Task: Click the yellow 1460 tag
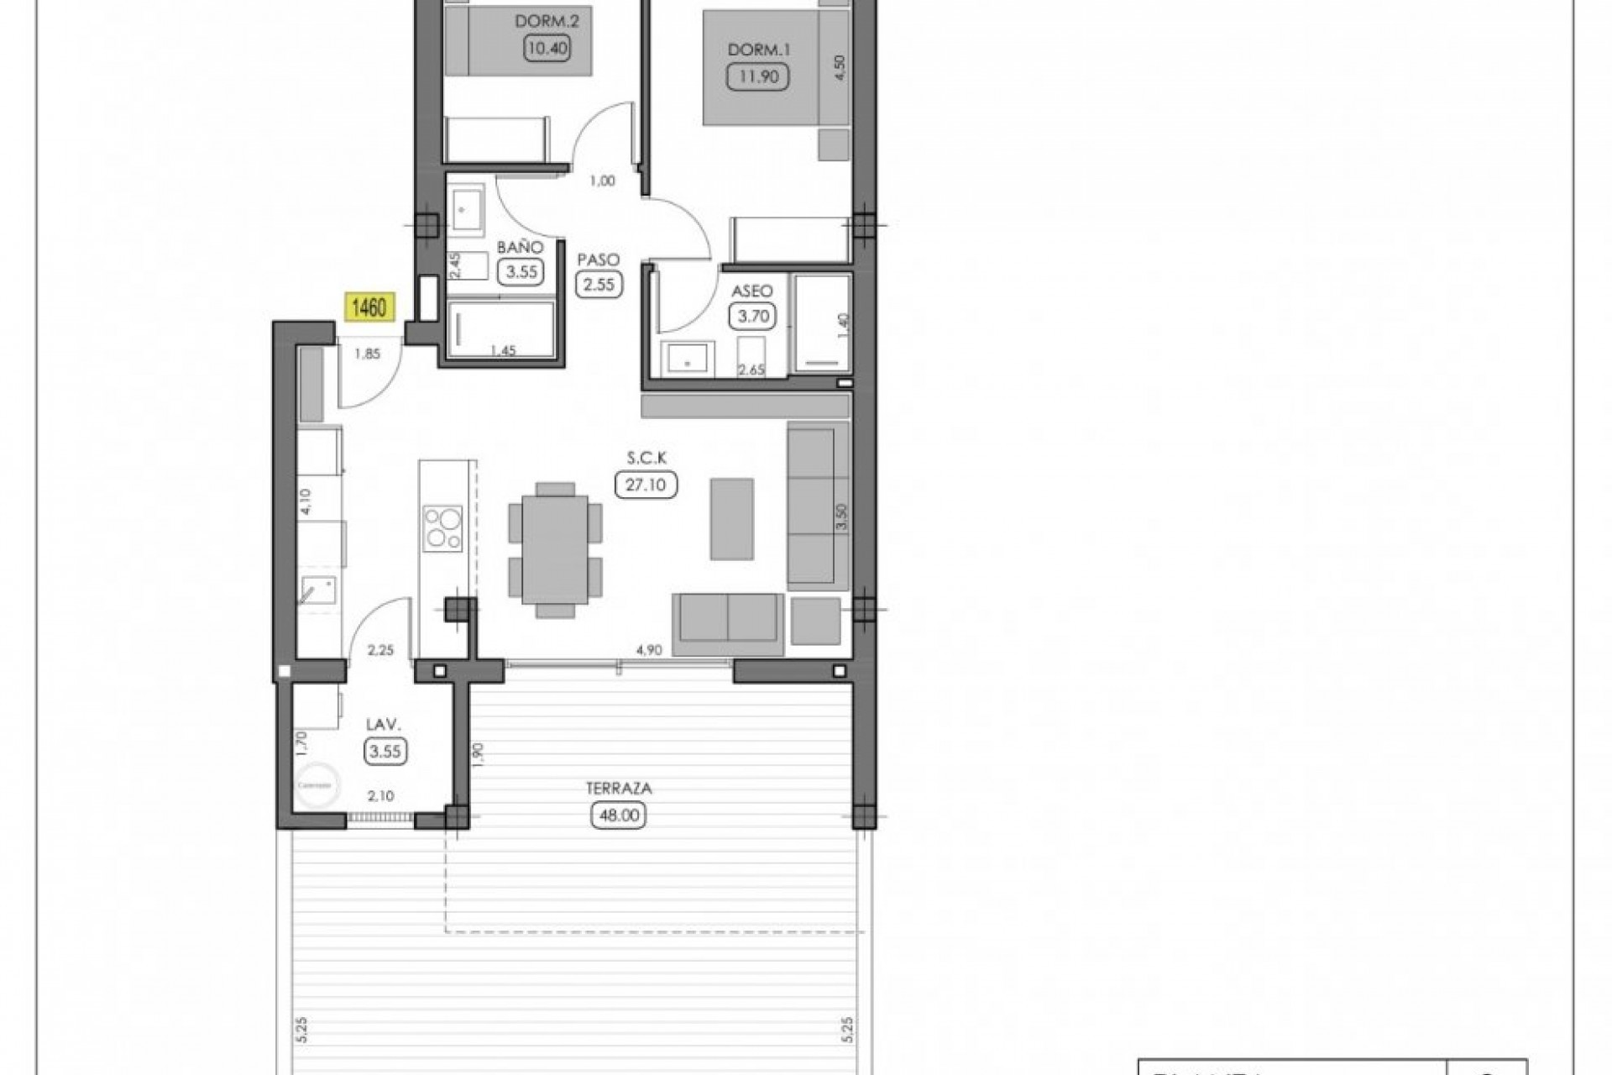pos(369,307)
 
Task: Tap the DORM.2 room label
pos(547,20)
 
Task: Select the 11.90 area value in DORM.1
pos(758,76)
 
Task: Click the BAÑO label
pos(520,248)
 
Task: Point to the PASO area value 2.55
pos(599,284)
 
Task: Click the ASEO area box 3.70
pos(751,317)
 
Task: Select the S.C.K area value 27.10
pos(646,485)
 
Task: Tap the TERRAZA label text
pos(620,789)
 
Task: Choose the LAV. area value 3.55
pos(385,751)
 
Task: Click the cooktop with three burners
pos(442,527)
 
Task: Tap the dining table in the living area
pos(555,548)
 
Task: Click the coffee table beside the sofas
pos(731,519)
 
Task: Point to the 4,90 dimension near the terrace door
pos(650,649)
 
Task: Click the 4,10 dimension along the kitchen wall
pos(306,502)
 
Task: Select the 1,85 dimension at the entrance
pos(367,354)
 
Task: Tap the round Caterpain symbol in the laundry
pos(316,784)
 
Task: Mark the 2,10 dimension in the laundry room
pos(380,796)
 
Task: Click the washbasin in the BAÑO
pos(464,209)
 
